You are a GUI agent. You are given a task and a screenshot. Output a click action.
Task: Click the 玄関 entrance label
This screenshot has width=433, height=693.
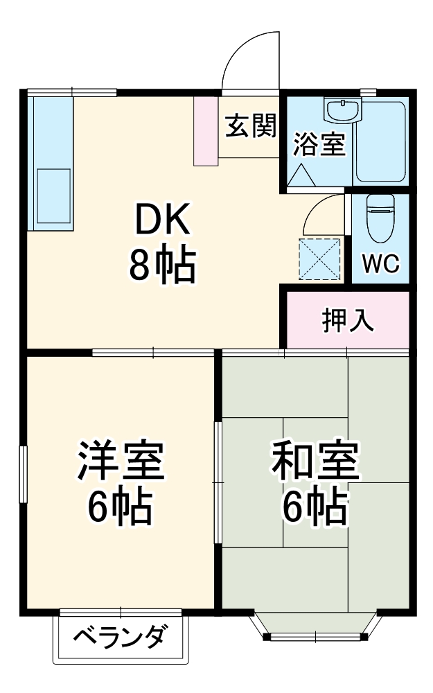point(250,127)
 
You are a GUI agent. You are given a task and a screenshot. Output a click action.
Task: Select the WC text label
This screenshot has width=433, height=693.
point(380,264)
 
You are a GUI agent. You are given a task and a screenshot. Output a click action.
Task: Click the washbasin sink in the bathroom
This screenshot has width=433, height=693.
point(342,109)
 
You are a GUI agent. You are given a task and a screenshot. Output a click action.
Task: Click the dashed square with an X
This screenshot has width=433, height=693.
point(319,260)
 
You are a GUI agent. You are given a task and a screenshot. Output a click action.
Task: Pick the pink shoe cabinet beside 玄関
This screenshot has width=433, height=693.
point(206,131)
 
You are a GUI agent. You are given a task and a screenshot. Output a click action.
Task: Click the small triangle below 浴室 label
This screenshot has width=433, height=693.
point(303,175)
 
